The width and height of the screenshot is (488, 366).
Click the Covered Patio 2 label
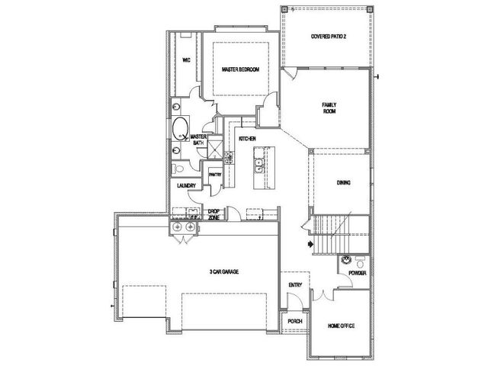[x=329, y=37]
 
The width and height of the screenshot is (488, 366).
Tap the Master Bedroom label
[x=241, y=69]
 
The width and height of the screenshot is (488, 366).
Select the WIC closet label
[x=186, y=60]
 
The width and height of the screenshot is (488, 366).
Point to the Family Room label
[x=329, y=108]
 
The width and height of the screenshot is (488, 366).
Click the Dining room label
[x=344, y=183]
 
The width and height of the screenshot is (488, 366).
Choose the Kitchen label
[x=247, y=139]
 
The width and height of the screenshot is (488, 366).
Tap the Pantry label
[x=215, y=175]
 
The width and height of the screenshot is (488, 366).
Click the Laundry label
[x=186, y=186]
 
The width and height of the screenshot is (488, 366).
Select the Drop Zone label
[x=213, y=215]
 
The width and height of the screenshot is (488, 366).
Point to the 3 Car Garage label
[x=224, y=271]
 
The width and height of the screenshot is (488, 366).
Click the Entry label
[x=295, y=284]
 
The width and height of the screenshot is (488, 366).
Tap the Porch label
[x=295, y=321]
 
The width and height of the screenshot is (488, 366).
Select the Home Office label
[x=341, y=326]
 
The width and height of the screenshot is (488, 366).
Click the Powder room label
[x=358, y=273]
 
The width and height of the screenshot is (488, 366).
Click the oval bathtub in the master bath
[x=181, y=128]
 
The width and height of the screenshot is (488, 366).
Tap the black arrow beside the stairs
[x=310, y=244]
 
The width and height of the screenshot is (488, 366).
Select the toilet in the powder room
[x=361, y=262]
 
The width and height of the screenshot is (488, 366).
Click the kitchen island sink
[x=258, y=165]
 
